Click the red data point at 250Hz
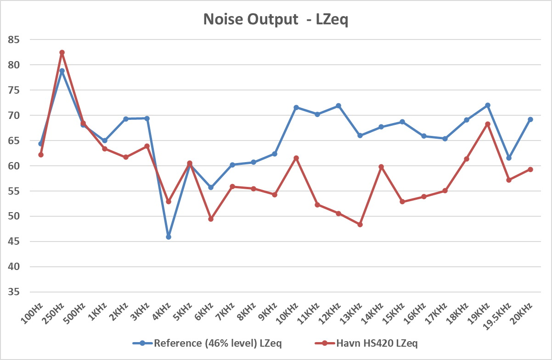(62, 53)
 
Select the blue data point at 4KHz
(169, 237)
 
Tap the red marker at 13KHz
(360, 225)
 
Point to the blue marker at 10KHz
(296, 107)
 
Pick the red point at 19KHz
(488, 124)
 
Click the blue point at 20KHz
(530, 119)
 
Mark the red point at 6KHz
(211, 219)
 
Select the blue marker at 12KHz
(338, 106)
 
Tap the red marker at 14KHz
(381, 167)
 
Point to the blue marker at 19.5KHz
(509, 158)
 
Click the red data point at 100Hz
(41, 155)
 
